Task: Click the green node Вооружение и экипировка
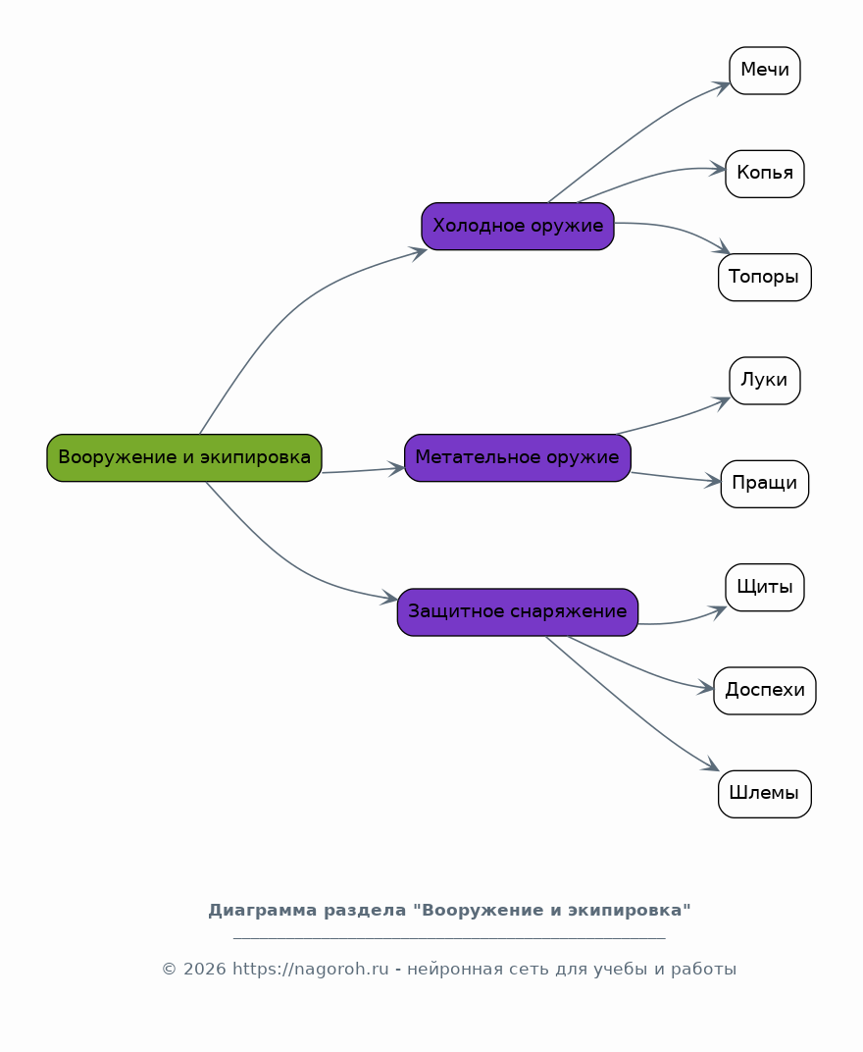[x=184, y=457]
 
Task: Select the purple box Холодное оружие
[x=518, y=226]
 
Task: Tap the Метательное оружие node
[x=518, y=457]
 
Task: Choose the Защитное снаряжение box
[x=518, y=612]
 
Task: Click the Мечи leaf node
[x=764, y=71]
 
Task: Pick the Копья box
[x=764, y=174]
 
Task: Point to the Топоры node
[x=764, y=277]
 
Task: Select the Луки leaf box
[x=764, y=381]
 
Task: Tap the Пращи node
[x=764, y=484]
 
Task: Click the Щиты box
[x=764, y=587]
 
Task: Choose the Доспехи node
[x=764, y=691]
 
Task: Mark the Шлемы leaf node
[x=764, y=794]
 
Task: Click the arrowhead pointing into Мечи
[x=722, y=87]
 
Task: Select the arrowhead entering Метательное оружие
[x=396, y=468]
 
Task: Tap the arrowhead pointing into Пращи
[x=713, y=481]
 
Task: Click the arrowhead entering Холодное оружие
[x=419, y=253]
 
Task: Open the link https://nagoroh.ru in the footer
[x=311, y=970]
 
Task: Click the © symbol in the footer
[x=169, y=970]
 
